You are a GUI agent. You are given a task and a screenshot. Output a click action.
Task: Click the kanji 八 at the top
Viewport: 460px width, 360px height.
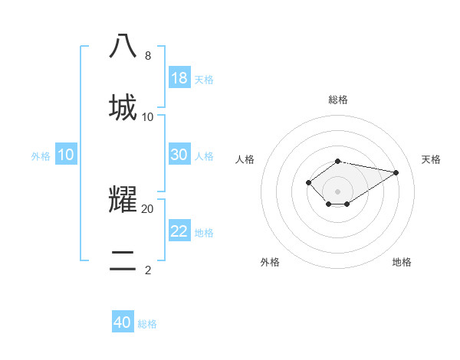[x=123, y=46]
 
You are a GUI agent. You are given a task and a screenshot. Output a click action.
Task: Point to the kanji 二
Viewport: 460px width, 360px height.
[x=123, y=260]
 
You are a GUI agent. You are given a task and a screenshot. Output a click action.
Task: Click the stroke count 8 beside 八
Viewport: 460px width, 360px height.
[x=148, y=56]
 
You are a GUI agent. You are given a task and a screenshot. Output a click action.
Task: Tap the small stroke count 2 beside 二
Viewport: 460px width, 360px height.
[x=148, y=270]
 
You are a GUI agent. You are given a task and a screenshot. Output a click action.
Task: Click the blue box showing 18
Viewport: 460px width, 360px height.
[x=179, y=78]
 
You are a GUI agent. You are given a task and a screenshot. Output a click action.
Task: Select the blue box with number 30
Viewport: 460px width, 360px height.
[x=179, y=155]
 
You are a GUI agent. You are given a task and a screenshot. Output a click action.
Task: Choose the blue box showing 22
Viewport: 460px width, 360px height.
[x=179, y=231]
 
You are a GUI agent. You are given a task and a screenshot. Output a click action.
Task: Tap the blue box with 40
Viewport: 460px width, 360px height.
[x=123, y=322]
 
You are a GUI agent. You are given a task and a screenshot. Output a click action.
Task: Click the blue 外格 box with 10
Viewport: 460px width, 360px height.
[x=66, y=155]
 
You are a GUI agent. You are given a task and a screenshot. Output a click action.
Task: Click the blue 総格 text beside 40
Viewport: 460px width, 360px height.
[x=147, y=324]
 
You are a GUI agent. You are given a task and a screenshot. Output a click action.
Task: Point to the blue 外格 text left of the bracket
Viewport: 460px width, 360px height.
[x=41, y=156]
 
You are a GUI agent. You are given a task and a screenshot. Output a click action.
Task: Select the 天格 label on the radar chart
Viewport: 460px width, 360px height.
[x=431, y=159]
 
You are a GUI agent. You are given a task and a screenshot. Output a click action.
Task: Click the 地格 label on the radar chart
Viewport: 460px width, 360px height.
[x=402, y=262]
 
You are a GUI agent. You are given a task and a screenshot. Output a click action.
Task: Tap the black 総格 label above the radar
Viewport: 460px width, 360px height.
[x=338, y=100]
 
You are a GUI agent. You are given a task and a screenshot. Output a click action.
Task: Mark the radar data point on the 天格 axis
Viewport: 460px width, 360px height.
[x=396, y=172]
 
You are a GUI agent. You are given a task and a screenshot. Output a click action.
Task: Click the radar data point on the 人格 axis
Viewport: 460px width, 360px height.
[x=308, y=182]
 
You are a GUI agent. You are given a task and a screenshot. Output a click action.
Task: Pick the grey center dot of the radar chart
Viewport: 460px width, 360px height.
[x=338, y=191]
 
